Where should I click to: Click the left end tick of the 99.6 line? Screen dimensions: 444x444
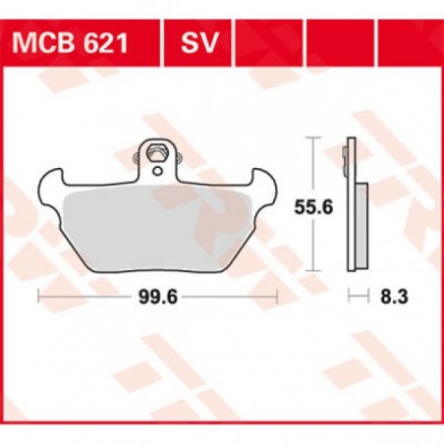[38, 294]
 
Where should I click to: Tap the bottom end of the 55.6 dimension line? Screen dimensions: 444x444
[314, 268]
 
